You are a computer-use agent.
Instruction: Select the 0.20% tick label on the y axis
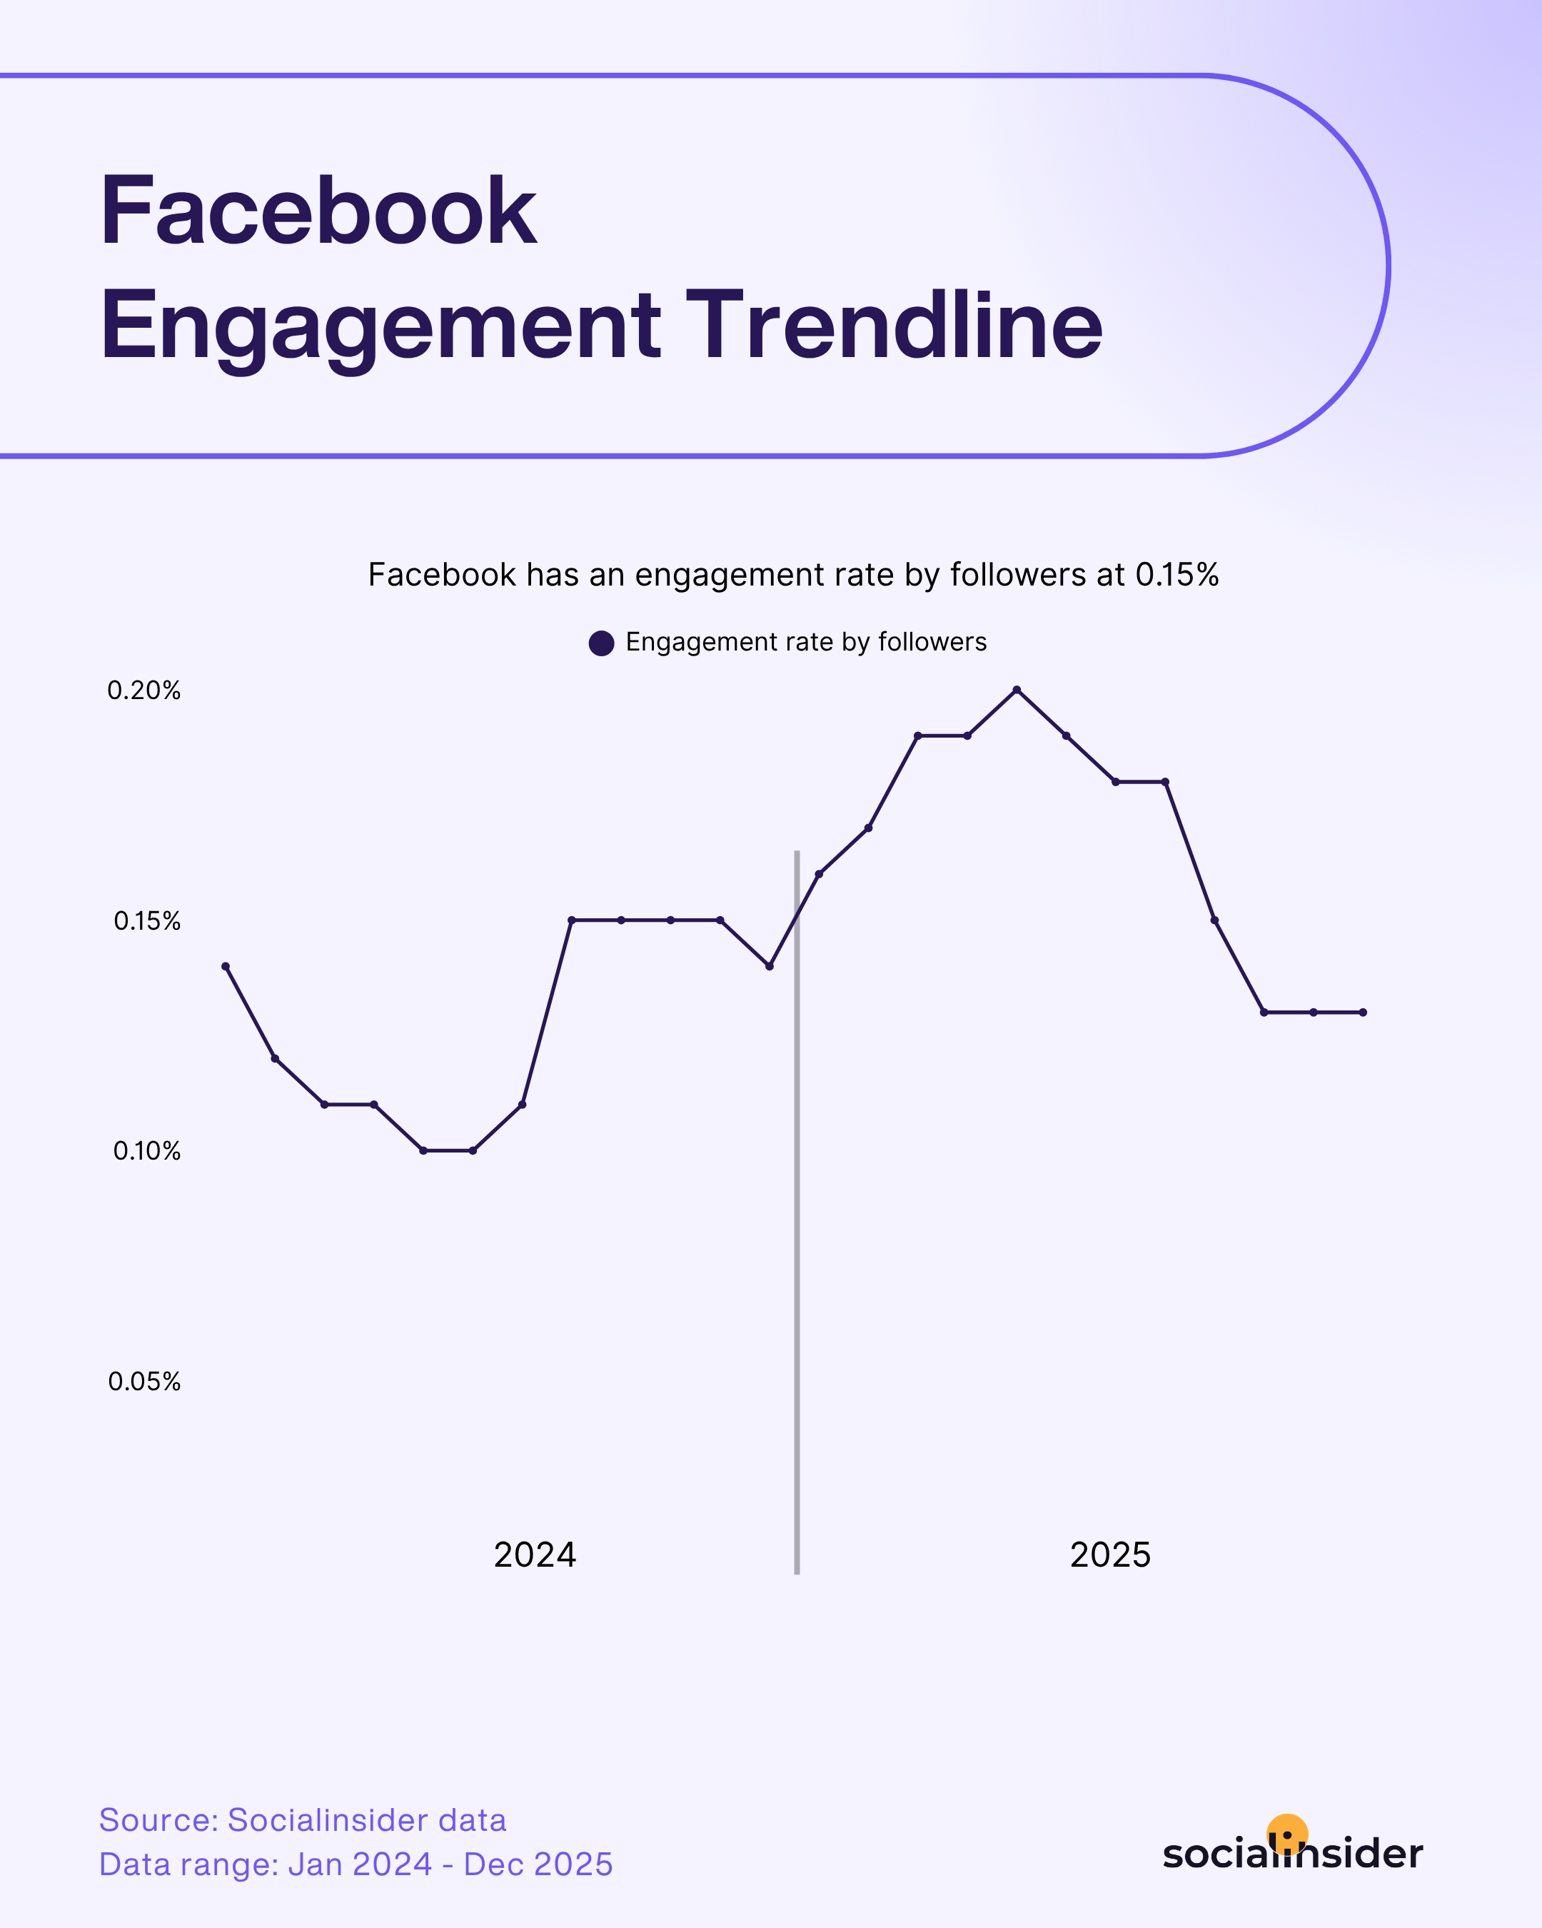tap(144, 691)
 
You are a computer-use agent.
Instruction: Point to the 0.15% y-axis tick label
tap(146, 921)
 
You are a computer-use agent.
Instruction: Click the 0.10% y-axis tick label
tap(146, 1151)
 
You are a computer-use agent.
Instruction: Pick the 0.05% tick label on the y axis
tap(145, 1382)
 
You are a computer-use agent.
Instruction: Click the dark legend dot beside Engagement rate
tap(602, 643)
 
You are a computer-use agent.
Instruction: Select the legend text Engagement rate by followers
tap(805, 642)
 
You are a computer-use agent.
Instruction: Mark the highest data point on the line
tap(1017, 690)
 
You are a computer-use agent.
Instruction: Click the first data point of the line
tap(226, 966)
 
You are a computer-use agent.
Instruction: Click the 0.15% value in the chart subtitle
tap(1176, 575)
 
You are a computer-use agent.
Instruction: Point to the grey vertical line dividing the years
tap(797, 1252)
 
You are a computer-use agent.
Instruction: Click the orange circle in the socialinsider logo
tap(1287, 1833)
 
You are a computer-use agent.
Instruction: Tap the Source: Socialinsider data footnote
tap(302, 1819)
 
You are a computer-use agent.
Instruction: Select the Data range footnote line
tap(356, 1864)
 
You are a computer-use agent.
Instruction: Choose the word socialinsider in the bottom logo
tap(1293, 1854)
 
